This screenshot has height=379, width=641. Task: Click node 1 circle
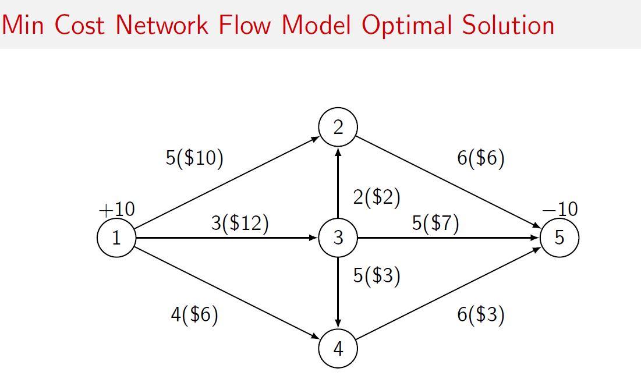[116, 238]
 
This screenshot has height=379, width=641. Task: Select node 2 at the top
[338, 127]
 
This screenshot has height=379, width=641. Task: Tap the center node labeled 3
[338, 238]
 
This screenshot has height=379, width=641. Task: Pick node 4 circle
[338, 349]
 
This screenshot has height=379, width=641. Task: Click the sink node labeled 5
[559, 238]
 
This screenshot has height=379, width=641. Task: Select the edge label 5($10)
[194, 158]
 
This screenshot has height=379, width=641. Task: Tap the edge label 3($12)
[240, 224]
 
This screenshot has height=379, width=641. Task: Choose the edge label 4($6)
[194, 316]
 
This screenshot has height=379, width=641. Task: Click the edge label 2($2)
[377, 198]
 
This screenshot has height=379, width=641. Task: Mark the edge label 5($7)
[435, 224]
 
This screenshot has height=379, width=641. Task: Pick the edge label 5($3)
[377, 275]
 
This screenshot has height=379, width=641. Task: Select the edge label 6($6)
[481, 158]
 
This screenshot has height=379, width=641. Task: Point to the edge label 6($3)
[481, 316]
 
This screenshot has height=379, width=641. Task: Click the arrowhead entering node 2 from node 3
[338, 151]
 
